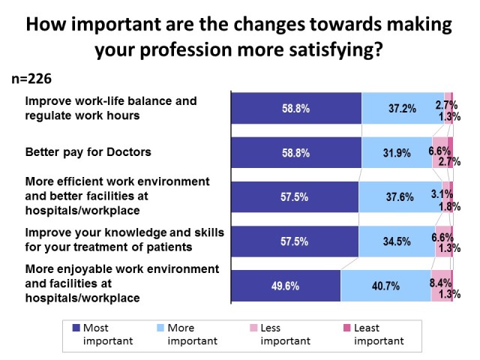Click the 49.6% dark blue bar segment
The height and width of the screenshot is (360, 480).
(x=286, y=286)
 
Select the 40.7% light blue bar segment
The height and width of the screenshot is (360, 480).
(x=385, y=286)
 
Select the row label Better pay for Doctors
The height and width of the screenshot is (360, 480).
(x=88, y=152)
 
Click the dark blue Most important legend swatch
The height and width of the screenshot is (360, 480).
(x=76, y=328)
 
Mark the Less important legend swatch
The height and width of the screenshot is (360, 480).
(x=254, y=328)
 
